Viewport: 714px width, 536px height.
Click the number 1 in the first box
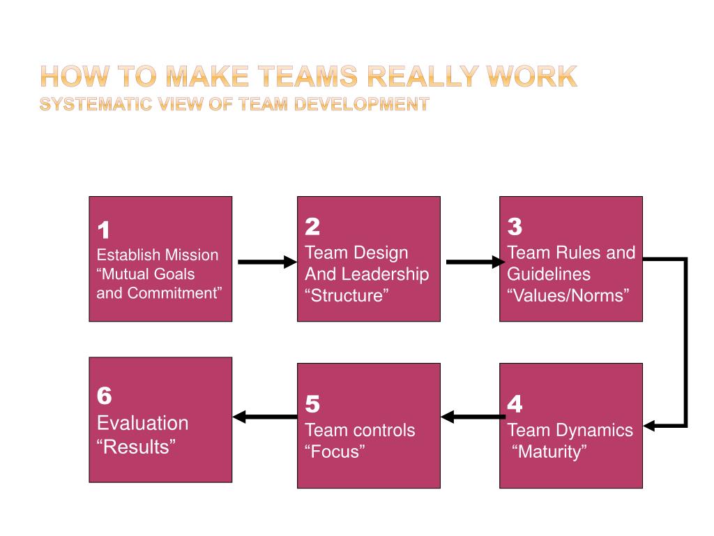(103, 230)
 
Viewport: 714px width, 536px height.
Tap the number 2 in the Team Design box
(312, 227)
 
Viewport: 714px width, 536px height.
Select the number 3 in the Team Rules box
(515, 227)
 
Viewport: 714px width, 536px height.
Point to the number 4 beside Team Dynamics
(515, 404)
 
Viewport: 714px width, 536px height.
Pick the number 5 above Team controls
(312, 404)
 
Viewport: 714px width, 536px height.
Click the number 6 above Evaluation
(104, 396)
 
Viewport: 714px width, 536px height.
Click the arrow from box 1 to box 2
(267, 262)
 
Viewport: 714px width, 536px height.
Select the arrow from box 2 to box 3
(474, 262)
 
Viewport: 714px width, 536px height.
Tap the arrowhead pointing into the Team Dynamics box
(651, 424)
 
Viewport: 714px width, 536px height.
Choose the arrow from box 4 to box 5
(473, 417)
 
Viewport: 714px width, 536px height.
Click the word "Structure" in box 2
(346, 295)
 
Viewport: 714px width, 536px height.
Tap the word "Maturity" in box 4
(550, 452)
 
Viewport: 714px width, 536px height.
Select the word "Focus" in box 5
(335, 452)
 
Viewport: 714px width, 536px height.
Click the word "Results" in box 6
(136, 446)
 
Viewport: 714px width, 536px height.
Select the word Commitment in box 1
(174, 293)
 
